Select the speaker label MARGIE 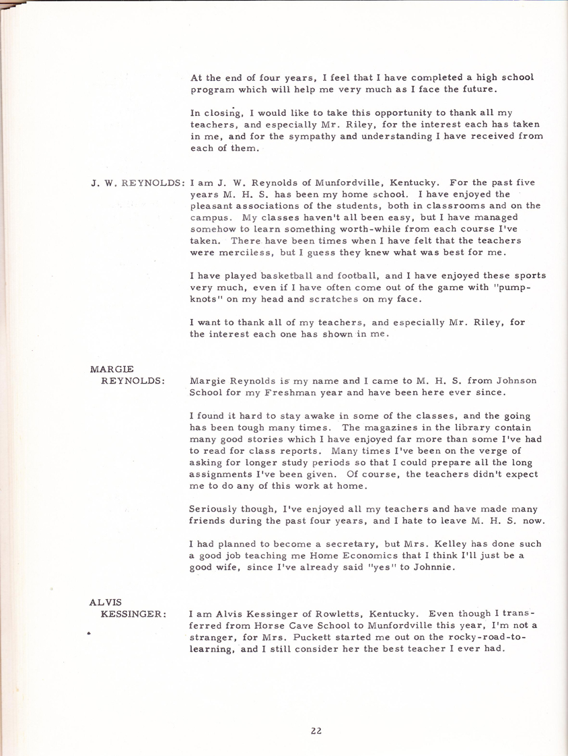tap(112, 368)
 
